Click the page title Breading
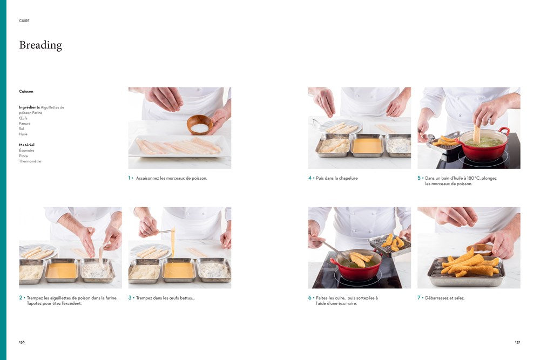point(40,45)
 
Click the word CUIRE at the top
point(24,21)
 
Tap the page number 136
point(22,342)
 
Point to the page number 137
point(517,342)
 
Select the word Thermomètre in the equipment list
point(30,161)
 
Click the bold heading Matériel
point(26,145)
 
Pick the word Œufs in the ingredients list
point(23,118)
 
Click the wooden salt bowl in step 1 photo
point(200,125)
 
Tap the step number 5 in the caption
point(419,178)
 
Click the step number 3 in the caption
point(130,298)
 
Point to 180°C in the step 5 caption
point(473,178)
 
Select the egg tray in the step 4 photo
point(367,145)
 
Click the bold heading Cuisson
point(26,92)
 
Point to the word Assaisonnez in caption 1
point(147,178)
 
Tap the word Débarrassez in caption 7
point(436,298)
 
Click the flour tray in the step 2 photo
point(97,270)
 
